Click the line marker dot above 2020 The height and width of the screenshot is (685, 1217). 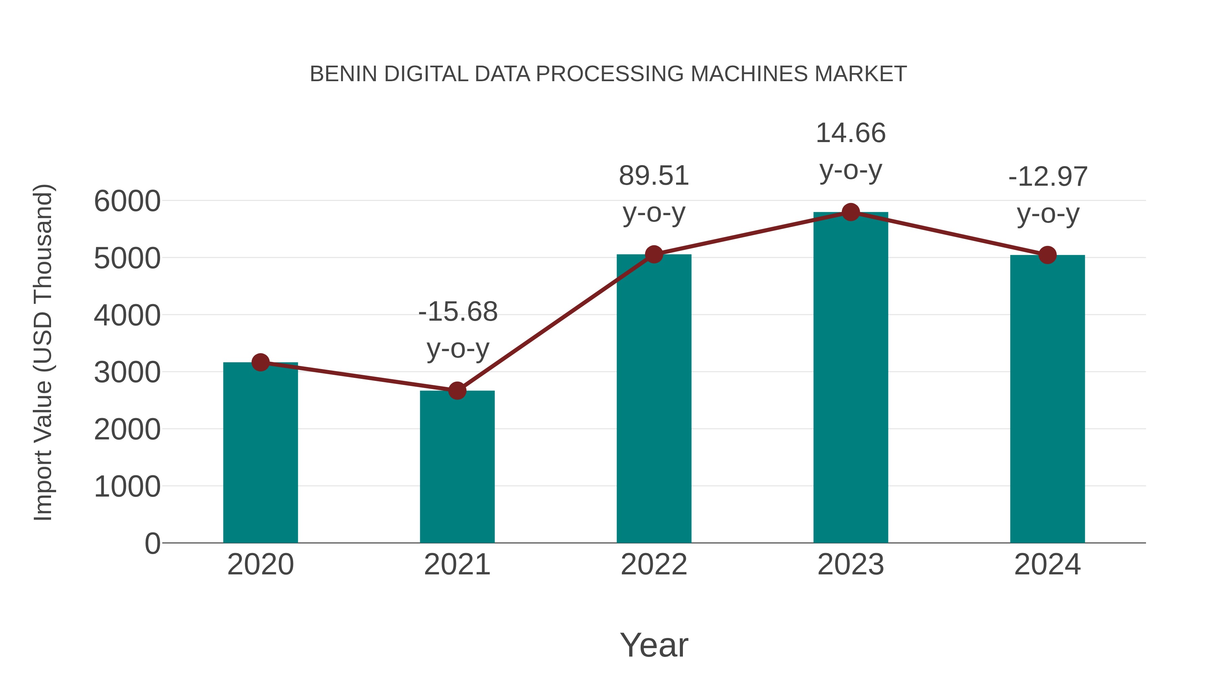(260, 363)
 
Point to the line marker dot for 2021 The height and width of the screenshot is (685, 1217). (457, 391)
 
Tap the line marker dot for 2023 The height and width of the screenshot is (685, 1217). (851, 212)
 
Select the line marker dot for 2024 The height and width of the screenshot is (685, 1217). (1047, 255)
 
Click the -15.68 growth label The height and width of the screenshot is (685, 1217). (458, 312)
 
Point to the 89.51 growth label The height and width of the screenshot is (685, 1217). (654, 176)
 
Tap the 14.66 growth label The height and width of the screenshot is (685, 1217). (851, 133)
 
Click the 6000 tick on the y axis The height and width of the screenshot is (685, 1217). (127, 201)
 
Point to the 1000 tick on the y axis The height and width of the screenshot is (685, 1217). (127, 487)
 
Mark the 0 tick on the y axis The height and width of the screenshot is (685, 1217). (152, 544)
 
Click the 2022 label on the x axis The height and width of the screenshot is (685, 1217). (654, 565)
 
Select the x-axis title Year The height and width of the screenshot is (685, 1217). (654, 645)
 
